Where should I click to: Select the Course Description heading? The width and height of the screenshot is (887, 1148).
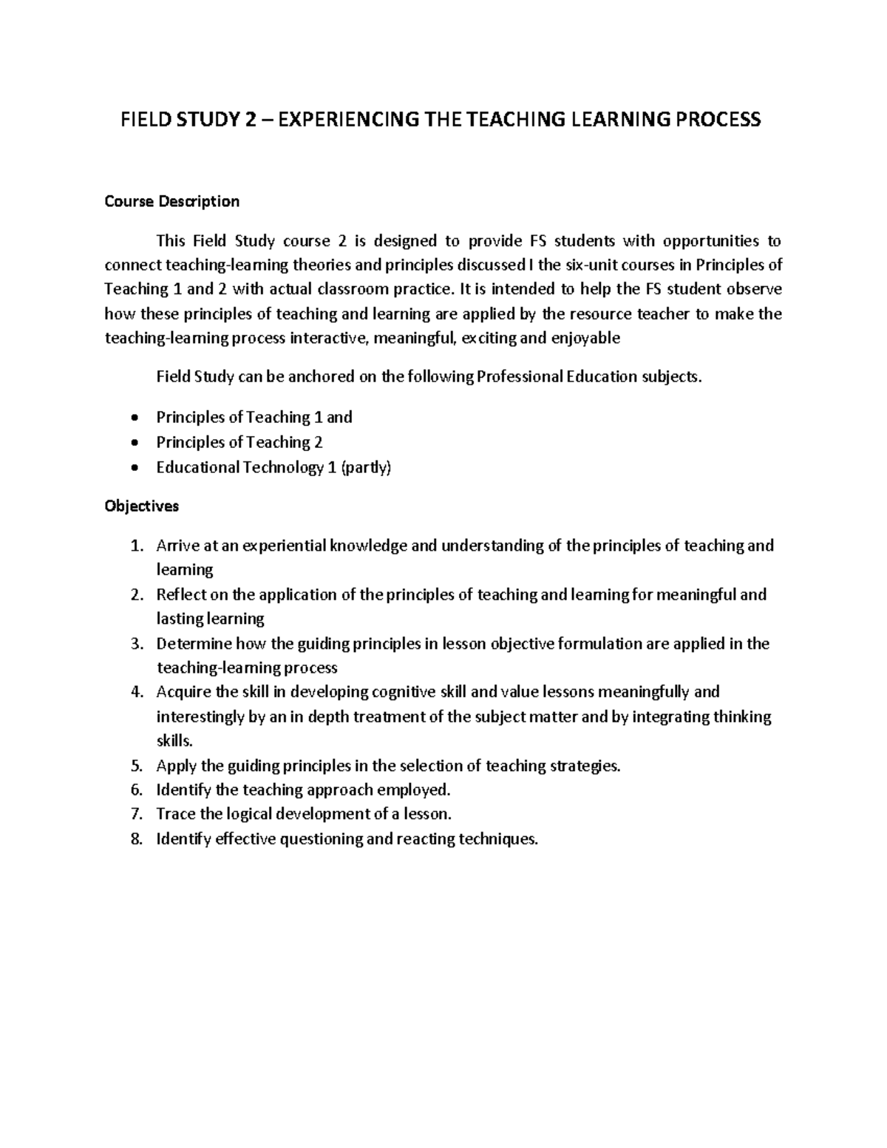tap(171, 201)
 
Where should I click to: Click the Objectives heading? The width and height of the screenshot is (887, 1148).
tap(142, 506)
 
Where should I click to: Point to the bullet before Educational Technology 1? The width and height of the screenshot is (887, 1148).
tap(133, 468)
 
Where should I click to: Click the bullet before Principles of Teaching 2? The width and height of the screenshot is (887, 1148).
tap(133, 443)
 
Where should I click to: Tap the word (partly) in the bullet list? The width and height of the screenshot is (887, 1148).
tap(365, 467)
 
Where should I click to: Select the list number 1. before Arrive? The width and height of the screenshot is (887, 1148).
tap(135, 546)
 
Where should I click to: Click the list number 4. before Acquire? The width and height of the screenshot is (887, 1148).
tap(135, 692)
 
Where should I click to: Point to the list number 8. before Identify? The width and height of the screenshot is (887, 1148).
tap(135, 839)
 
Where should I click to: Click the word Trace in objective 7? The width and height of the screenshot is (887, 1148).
tap(176, 814)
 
